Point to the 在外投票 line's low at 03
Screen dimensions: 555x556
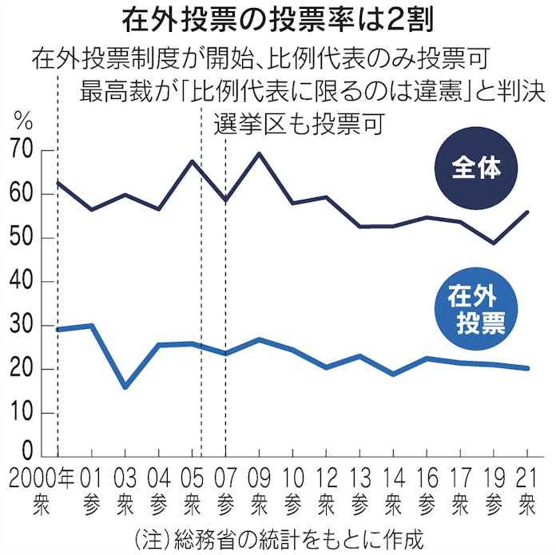pyautogui.click(x=125, y=387)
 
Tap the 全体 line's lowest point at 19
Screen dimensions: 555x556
pyautogui.click(x=493, y=244)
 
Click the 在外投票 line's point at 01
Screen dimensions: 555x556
pyautogui.click(x=92, y=325)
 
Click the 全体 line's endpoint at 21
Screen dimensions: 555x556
pyautogui.click(x=526, y=212)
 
